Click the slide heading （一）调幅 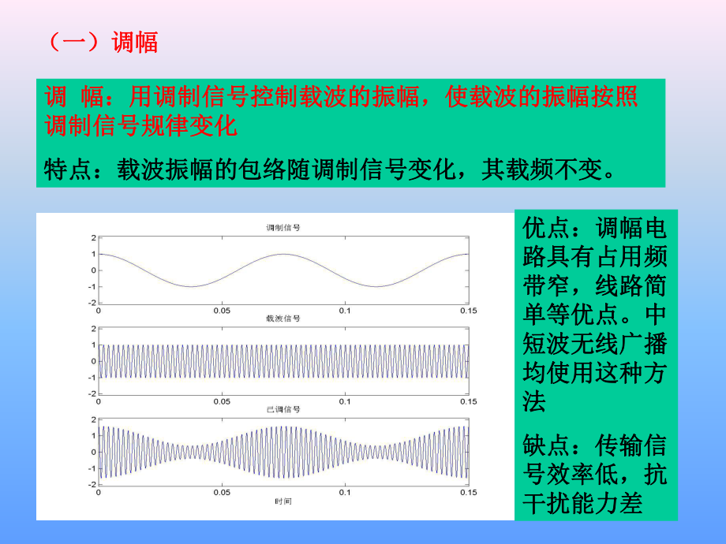pyautogui.click(x=103, y=41)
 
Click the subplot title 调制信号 pyautogui.click(x=283, y=228)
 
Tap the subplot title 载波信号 pyautogui.click(x=283, y=319)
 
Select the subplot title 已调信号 pyautogui.click(x=283, y=410)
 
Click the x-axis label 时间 pyautogui.click(x=283, y=501)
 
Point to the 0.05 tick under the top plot pyautogui.click(x=221, y=311)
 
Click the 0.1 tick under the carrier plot pyautogui.click(x=345, y=401)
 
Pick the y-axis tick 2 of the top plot pyautogui.click(x=93, y=237)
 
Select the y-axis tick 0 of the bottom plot pyautogui.click(x=93, y=452)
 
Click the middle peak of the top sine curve pyautogui.click(x=283, y=254)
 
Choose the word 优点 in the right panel pyautogui.click(x=545, y=229)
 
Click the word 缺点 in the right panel pyautogui.click(x=545, y=446)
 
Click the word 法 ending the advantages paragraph pyautogui.click(x=534, y=403)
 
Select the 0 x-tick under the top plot pyautogui.click(x=99, y=311)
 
